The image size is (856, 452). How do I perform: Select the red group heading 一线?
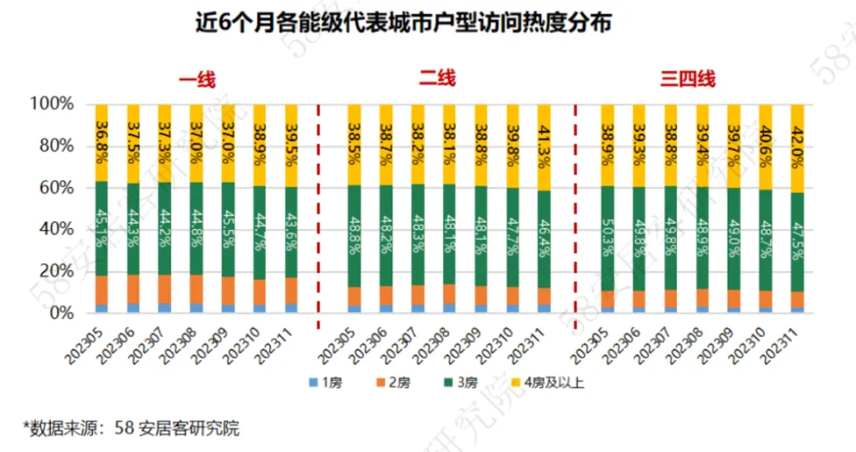197,80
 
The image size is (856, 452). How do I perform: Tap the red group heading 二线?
438,79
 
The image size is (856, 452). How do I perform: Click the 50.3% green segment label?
607,239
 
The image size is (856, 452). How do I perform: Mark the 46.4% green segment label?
545,239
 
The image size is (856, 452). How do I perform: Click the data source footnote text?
131,428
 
